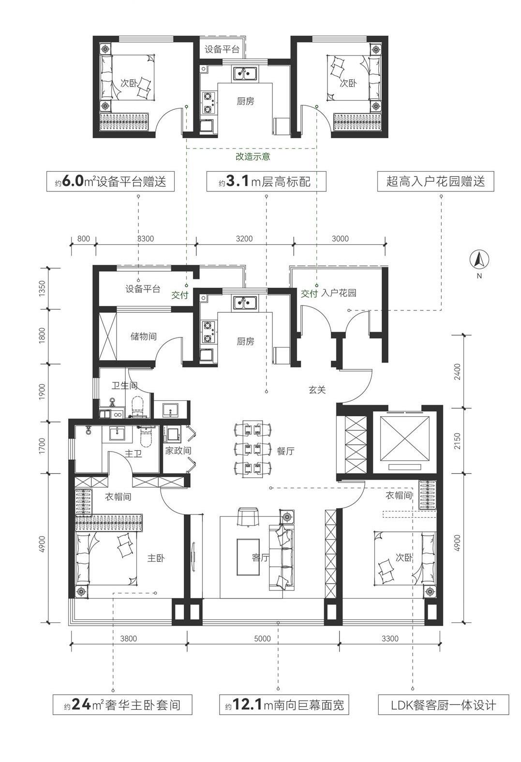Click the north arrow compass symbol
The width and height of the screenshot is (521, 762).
[x=479, y=260]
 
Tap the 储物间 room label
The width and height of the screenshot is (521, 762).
[x=144, y=337]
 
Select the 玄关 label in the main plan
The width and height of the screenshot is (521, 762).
[x=317, y=390]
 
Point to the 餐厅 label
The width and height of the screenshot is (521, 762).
[x=285, y=451]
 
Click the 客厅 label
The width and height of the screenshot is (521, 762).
[x=261, y=557]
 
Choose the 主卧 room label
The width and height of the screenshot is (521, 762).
[x=156, y=558]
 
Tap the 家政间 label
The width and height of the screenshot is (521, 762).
[x=178, y=451]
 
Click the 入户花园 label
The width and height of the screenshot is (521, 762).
[x=339, y=293]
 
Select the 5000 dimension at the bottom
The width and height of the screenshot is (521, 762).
[x=262, y=639]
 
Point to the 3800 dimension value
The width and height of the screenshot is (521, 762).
[x=129, y=639]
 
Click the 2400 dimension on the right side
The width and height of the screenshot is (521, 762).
[x=457, y=372]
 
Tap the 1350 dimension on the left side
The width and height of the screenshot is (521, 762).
[x=42, y=289]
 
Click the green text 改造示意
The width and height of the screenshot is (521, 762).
[x=253, y=157]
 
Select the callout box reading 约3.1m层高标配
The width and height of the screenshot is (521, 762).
[x=267, y=181]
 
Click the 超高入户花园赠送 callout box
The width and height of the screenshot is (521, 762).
[x=435, y=181]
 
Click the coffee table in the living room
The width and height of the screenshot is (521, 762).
[x=248, y=557]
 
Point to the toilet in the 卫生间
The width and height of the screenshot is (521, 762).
[x=137, y=405]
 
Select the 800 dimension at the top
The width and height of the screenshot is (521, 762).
[x=84, y=238]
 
